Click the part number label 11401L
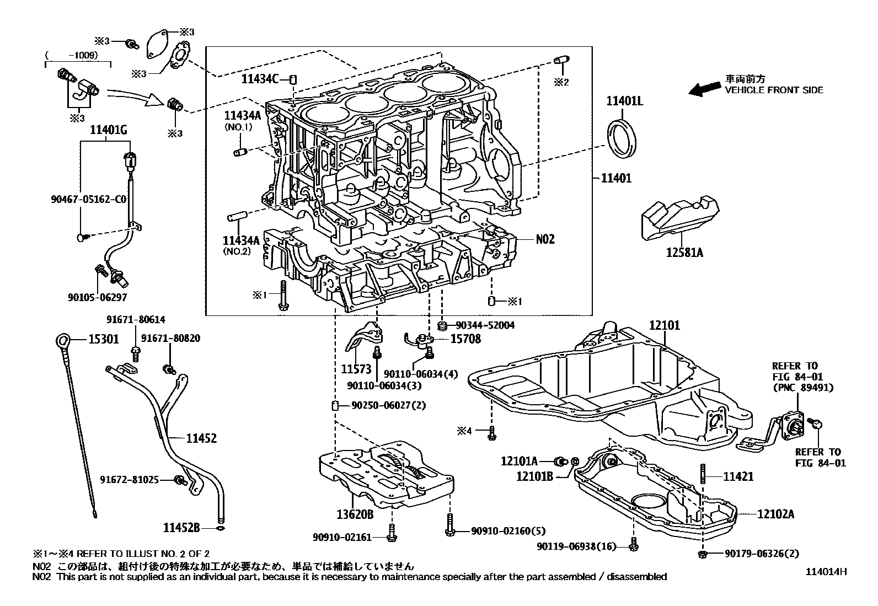pyautogui.click(x=625, y=101)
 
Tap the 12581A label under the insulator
pyautogui.click(x=684, y=253)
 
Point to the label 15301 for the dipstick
pyautogui.click(x=104, y=339)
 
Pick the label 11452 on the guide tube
pyautogui.click(x=201, y=438)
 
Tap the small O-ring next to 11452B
pyautogui.click(x=221, y=528)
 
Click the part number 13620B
pyautogui.click(x=355, y=514)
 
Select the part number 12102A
pyautogui.click(x=775, y=514)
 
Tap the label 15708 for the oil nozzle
pyautogui.click(x=465, y=339)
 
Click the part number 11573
pyautogui.click(x=356, y=368)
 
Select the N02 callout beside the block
pyautogui.click(x=545, y=239)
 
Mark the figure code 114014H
pyautogui.click(x=825, y=572)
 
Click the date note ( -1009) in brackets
pyautogui.click(x=72, y=55)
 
